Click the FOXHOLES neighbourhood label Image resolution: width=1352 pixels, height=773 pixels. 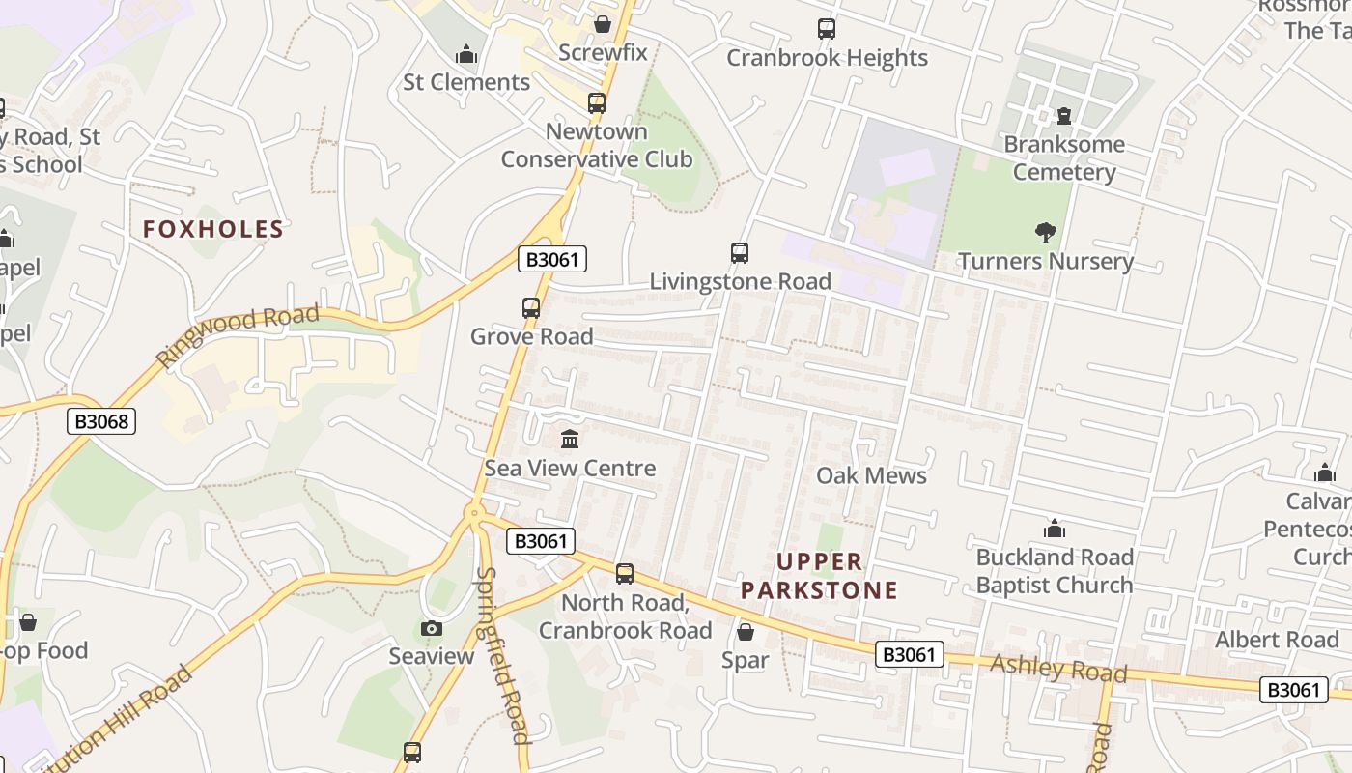[213, 229]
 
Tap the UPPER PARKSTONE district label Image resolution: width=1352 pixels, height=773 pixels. [820, 576]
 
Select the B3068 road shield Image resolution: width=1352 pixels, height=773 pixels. [101, 421]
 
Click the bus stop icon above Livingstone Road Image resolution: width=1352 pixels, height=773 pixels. [740, 253]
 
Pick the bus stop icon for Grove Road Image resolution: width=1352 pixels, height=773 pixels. [531, 308]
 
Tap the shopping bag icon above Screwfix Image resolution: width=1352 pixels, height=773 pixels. [603, 23]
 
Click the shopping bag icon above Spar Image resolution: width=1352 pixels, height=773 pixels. [746, 632]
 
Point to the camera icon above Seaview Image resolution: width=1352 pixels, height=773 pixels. [432, 629]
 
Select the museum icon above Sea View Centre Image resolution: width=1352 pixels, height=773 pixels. [570, 440]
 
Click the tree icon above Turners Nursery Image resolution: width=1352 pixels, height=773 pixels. [1045, 232]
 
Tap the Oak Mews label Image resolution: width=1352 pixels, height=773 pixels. [871, 475]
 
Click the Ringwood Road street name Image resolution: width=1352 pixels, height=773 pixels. [238, 334]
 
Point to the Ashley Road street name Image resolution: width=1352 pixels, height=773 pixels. [1058, 668]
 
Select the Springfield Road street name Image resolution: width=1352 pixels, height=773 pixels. [503, 656]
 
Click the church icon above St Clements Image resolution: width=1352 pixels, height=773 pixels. [467, 54]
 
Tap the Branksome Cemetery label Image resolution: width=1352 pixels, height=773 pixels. [1064, 158]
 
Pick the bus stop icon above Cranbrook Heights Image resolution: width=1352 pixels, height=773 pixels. [827, 29]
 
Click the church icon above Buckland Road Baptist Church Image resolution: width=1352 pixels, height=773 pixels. [1055, 530]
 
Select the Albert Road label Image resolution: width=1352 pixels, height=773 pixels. [1277, 640]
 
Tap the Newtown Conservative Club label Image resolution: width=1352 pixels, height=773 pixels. [597, 145]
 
